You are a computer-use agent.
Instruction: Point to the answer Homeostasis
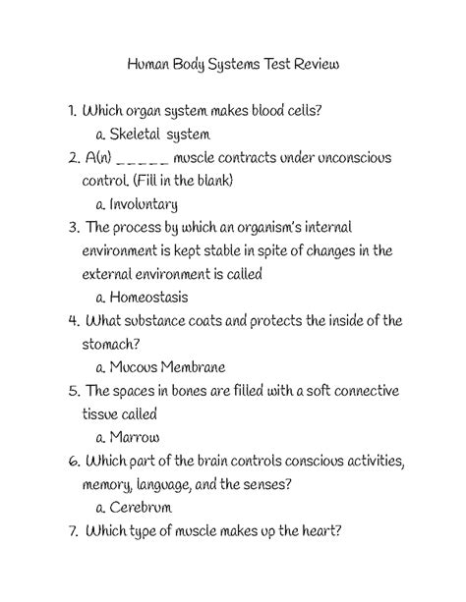[148, 298]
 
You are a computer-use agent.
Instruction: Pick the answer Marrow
[136, 437]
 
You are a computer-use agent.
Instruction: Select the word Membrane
[194, 367]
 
